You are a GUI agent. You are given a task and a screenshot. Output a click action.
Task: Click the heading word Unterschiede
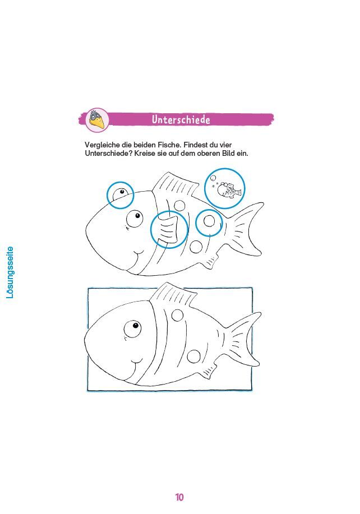(x=181, y=119)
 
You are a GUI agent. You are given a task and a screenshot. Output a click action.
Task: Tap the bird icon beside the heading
(x=97, y=119)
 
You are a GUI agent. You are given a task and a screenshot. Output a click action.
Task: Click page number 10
(x=179, y=497)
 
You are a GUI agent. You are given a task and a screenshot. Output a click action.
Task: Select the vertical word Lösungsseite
(x=10, y=272)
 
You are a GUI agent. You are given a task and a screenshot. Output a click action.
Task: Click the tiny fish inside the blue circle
(x=230, y=190)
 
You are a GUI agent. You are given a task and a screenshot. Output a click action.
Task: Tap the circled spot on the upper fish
(x=209, y=221)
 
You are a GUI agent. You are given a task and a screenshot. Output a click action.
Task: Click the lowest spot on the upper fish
(x=196, y=247)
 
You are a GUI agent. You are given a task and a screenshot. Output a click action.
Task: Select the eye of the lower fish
(x=132, y=328)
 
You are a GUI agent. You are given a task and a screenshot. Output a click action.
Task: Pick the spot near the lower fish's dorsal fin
(x=177, y=316)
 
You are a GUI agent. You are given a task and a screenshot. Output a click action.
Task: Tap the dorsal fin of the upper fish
(x=177, y=186)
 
